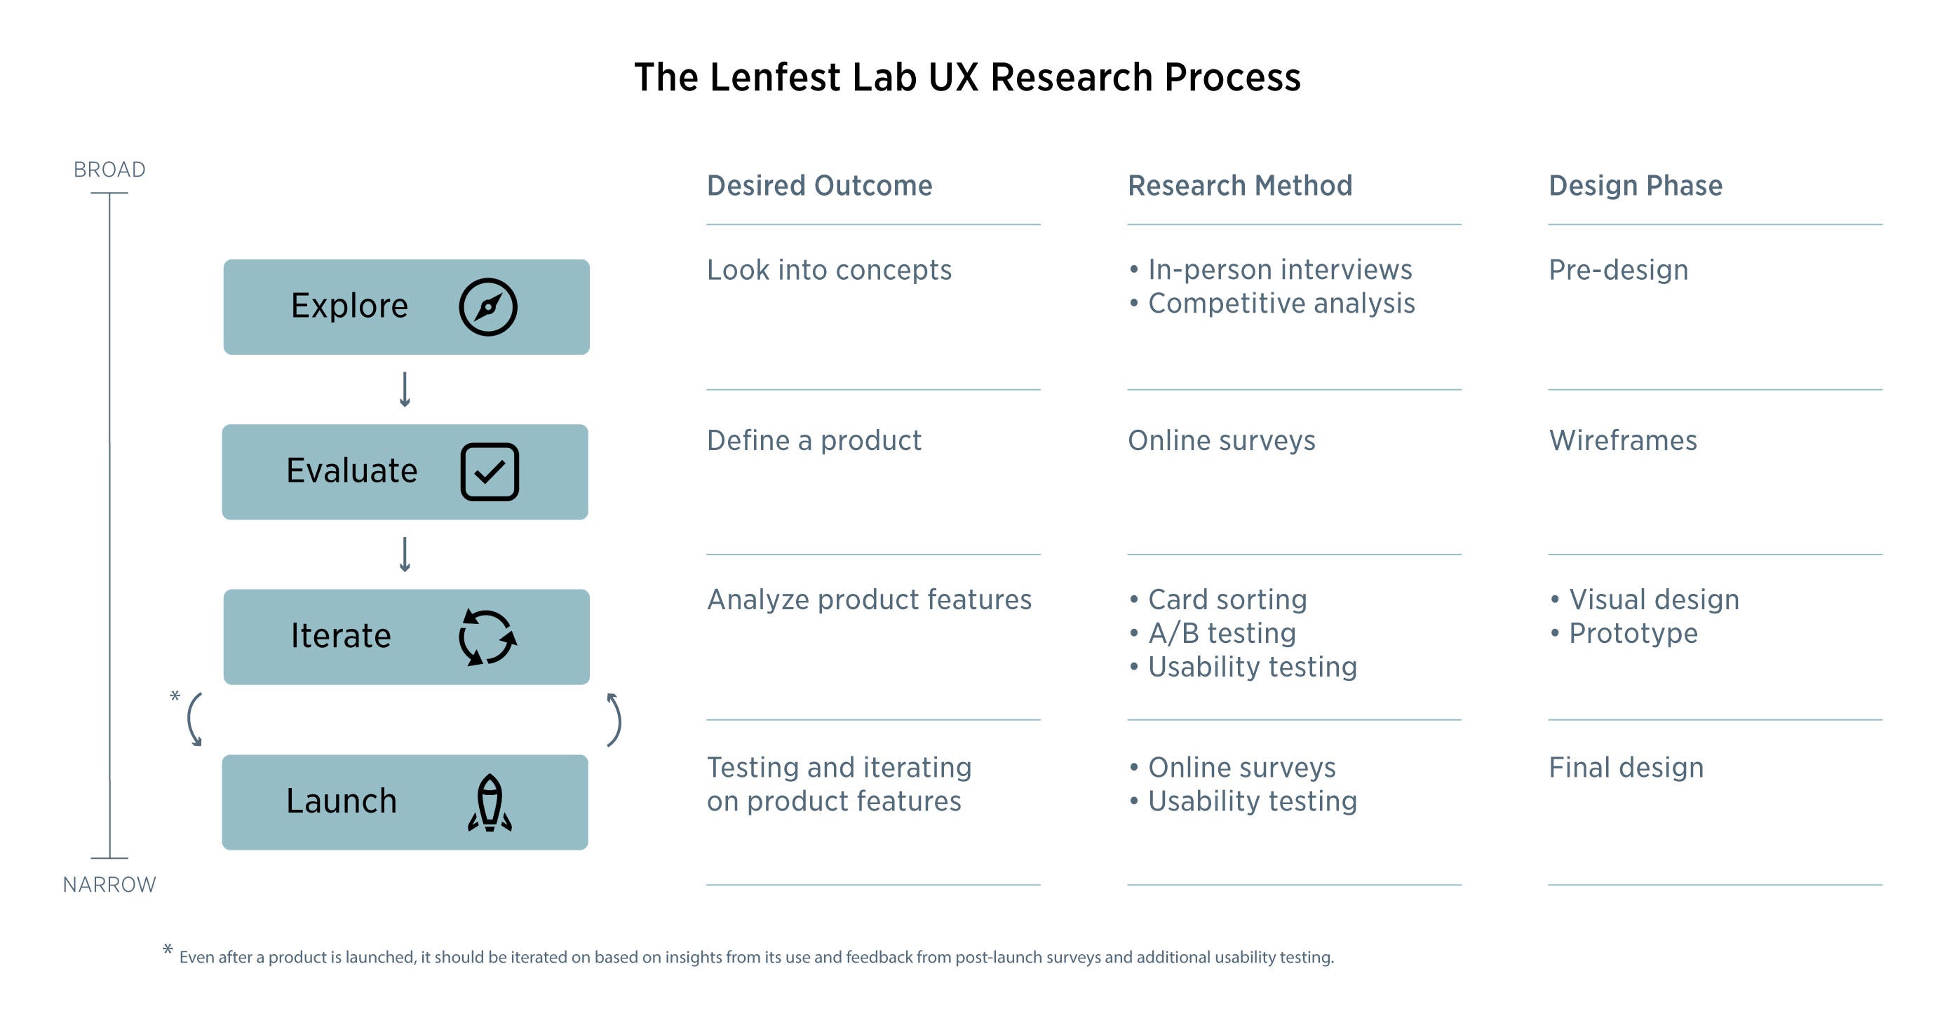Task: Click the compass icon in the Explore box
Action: point(487,306)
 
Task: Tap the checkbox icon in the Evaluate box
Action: point(489,472)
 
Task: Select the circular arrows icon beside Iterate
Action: point(487,637)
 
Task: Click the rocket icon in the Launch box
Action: point(490,802)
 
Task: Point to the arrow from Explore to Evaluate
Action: point(405,389)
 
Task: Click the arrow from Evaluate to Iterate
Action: point(405,554)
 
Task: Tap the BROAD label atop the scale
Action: point(109,170)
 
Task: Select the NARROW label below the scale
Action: point(109,885)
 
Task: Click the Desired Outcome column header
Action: point(820,186)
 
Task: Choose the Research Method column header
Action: point(1240,186)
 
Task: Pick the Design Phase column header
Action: point(1636,186)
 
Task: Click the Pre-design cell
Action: point(1618,270)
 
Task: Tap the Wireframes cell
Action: point(1622,440)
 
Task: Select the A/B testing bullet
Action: point(1222,633)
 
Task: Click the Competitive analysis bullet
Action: point(1281,304)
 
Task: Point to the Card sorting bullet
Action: point(1227,599)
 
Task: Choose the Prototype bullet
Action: point(1633,633)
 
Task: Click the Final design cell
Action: point(1626,768)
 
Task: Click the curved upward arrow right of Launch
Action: point(614,719)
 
